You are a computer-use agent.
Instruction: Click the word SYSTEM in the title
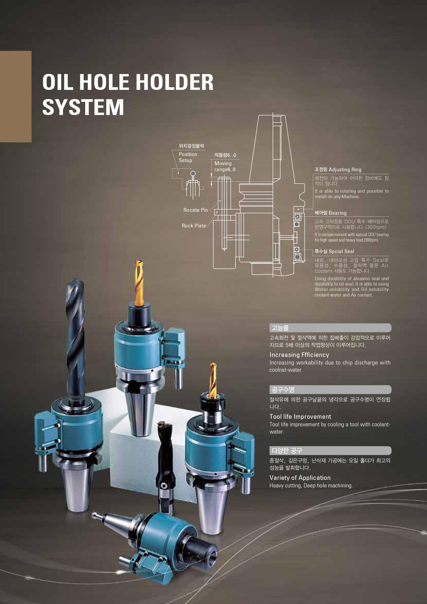[x=83, y=107]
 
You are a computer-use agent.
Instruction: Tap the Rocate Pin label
[x=195, y=210]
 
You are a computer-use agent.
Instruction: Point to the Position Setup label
[x=188, y=157]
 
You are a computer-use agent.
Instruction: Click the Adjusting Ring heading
[x=345, y=170]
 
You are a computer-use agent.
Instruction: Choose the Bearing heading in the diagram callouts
[x=338, y=213]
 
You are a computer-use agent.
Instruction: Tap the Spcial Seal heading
[x=341, y=251]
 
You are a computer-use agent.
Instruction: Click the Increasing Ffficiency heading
[x=299, y=355]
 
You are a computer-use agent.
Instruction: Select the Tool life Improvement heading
[x=300, y=416]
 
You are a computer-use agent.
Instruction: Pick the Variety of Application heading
[x=300, y=477]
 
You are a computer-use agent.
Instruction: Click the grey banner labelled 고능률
[x=330, y=328]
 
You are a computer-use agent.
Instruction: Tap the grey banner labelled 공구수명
[x=330, y=390]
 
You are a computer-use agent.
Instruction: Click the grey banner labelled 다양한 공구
[x=330, y=451]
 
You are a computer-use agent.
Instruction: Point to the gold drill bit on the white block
[x=139, y=283]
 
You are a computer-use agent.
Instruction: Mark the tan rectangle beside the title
[x=16, y=97]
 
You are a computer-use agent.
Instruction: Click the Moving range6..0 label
[x=225, y=166]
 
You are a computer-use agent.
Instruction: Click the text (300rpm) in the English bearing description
[x=371, y=240]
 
